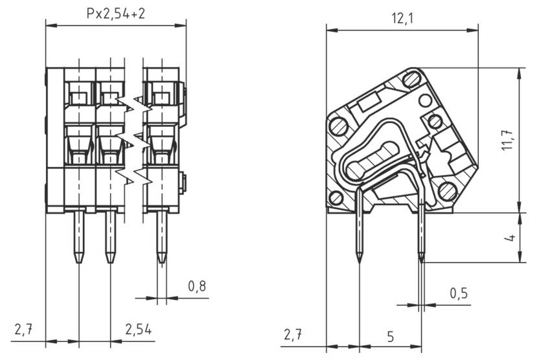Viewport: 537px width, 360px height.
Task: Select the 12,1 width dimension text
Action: (x=402, y=19)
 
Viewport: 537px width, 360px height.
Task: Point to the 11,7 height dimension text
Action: (x=508, y=140)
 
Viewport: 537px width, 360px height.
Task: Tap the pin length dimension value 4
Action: (x=510, y=238)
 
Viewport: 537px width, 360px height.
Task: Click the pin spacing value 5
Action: (x=390, y=336)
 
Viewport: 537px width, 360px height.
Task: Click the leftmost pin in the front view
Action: (x=79, y=236)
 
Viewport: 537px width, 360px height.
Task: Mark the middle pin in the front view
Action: (x=110, y=236)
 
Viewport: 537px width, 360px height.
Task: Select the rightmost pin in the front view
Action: (x=161, y=236)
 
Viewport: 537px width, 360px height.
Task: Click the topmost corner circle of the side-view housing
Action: (x=411, y=80)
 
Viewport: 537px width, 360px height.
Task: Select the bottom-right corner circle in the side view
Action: (x=446, y=190)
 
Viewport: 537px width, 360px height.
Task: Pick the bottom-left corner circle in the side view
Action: (x=336, y=197)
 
